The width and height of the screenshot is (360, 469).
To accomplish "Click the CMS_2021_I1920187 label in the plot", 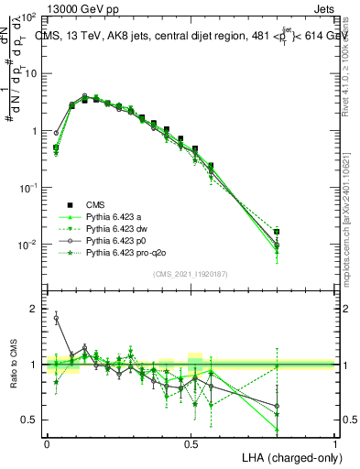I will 191,274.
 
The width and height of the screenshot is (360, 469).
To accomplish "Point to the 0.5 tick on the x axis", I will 191,443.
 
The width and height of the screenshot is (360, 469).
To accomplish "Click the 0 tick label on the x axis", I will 47,443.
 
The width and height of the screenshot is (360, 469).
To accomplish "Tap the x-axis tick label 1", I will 334,443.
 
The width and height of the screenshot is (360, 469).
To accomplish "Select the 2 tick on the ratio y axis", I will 38,309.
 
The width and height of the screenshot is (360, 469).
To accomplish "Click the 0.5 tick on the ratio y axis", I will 33,420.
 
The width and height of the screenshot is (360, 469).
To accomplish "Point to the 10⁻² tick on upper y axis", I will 30,245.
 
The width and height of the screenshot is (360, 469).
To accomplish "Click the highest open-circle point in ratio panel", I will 56,319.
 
